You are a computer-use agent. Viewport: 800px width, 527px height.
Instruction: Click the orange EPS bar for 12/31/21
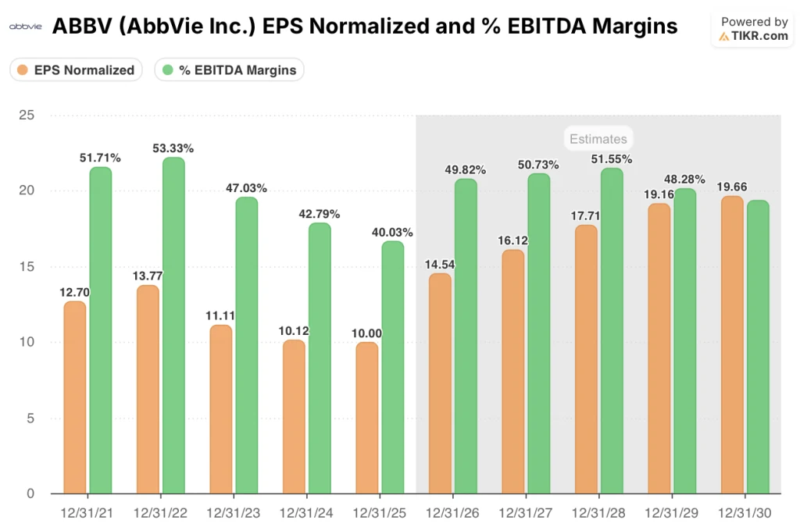[75, 397]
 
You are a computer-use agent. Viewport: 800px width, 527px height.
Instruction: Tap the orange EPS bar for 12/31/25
[367, 418]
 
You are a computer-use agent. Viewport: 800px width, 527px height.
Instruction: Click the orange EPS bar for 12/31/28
[586, 359]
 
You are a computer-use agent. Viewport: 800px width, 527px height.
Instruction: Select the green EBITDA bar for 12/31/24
[319, 358]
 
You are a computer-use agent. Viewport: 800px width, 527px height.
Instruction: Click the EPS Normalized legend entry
[76, 69]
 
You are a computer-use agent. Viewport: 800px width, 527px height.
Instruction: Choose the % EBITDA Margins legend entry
[229, 69]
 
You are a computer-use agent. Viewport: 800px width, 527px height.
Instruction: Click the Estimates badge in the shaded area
[598, 139]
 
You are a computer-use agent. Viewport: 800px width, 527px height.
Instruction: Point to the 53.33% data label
[173, 148]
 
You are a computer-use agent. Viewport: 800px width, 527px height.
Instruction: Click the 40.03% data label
[392, 232]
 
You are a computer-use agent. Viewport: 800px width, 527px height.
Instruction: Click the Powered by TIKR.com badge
[753, 29]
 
